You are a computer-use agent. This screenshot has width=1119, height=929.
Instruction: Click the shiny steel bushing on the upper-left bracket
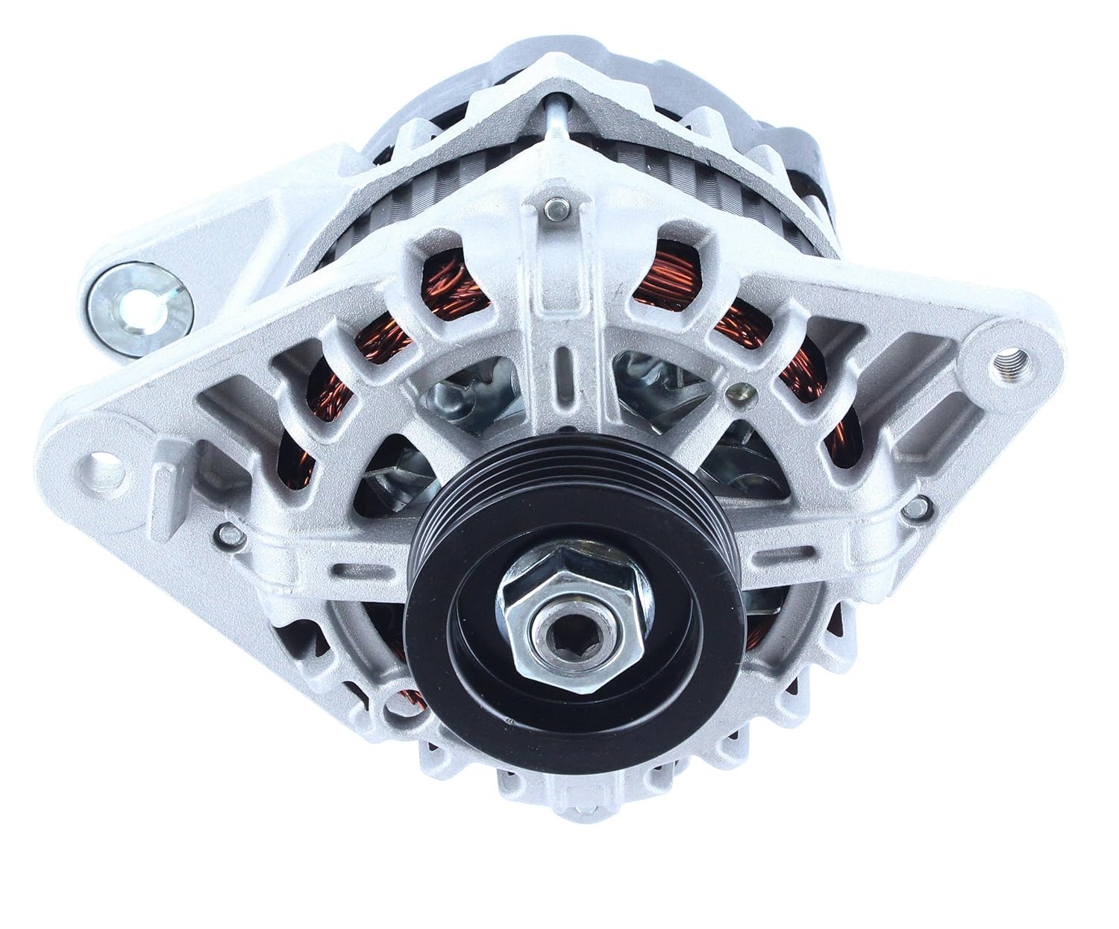[140, 306]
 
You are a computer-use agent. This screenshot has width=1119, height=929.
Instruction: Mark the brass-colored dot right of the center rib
[739, 388]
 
